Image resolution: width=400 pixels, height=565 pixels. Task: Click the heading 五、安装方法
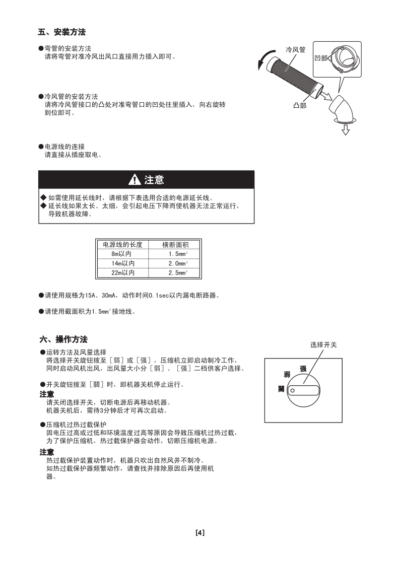pos(61,32)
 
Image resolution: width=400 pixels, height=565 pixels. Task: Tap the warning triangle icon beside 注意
pos(135,180)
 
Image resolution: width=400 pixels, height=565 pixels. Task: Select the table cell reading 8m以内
pos(121,254)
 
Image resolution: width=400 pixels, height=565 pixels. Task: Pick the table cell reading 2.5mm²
pos(178,272)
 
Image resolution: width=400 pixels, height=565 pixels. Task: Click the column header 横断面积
pos(175,245)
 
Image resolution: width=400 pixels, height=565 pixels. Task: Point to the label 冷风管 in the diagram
pos(296,50)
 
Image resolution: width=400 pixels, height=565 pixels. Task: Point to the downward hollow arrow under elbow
pos(346,130)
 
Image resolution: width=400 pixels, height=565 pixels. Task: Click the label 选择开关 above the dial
pos(323,345)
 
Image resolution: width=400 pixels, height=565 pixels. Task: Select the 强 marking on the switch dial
pos(303,369)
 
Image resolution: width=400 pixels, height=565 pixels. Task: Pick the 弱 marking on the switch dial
pos(287,375)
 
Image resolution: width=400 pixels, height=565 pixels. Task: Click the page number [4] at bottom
pos(199,532)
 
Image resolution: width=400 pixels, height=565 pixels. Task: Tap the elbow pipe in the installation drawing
pos(341,108)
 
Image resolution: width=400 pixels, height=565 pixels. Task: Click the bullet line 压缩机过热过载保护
pos(73,425)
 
